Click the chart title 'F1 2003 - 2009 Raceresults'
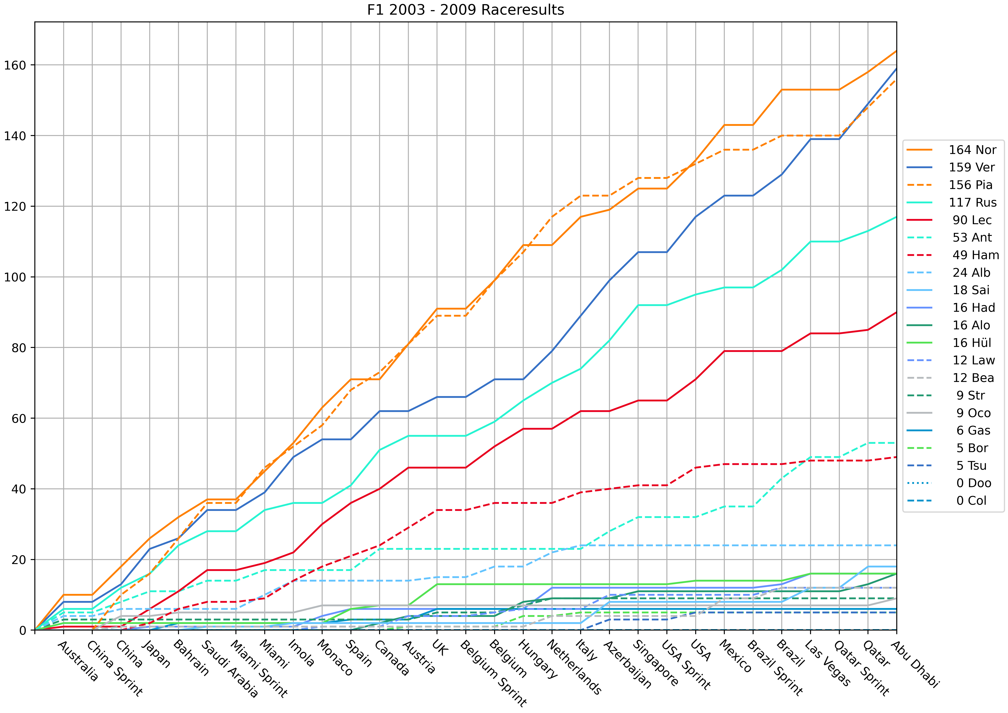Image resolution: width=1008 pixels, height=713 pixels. pos(465,10)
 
